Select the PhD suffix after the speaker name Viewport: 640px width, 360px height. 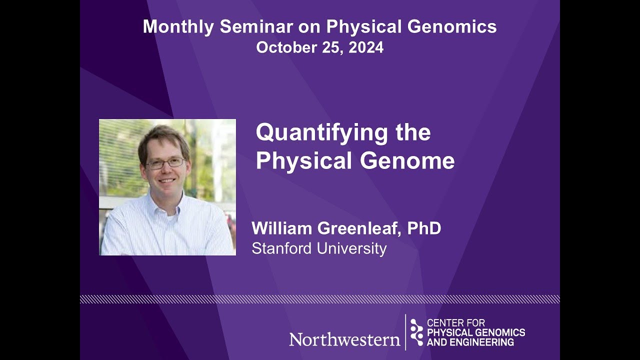click(x=424, y=228)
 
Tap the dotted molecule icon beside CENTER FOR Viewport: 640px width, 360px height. click(x=416, y=332)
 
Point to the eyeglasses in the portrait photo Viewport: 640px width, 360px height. click(x=165, y=163)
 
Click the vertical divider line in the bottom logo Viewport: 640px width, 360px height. click(x=405, y=332)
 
